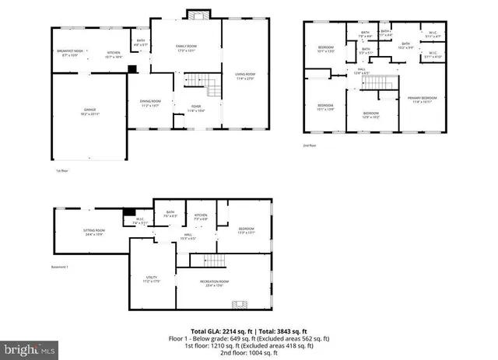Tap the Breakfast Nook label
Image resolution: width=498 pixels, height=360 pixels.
click(69, 54)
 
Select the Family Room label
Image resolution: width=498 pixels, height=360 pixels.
click(186, 48)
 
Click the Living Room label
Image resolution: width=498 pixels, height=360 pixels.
click(246, 76)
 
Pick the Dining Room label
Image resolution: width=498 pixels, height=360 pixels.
click(150, 103)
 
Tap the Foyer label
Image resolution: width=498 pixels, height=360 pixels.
click(195, 108)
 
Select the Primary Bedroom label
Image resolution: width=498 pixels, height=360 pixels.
click(423, 99)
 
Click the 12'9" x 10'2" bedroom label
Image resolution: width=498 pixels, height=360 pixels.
click(371, 115)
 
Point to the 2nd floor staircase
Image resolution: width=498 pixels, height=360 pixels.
click(377, 83)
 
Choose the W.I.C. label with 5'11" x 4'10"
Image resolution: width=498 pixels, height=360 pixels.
click(433, 55)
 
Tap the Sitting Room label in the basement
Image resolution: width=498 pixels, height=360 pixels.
click(94, 232)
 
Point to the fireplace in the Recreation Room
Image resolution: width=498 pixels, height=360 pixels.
click(242, 305)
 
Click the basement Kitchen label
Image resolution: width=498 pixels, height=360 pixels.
click(201, 217)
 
